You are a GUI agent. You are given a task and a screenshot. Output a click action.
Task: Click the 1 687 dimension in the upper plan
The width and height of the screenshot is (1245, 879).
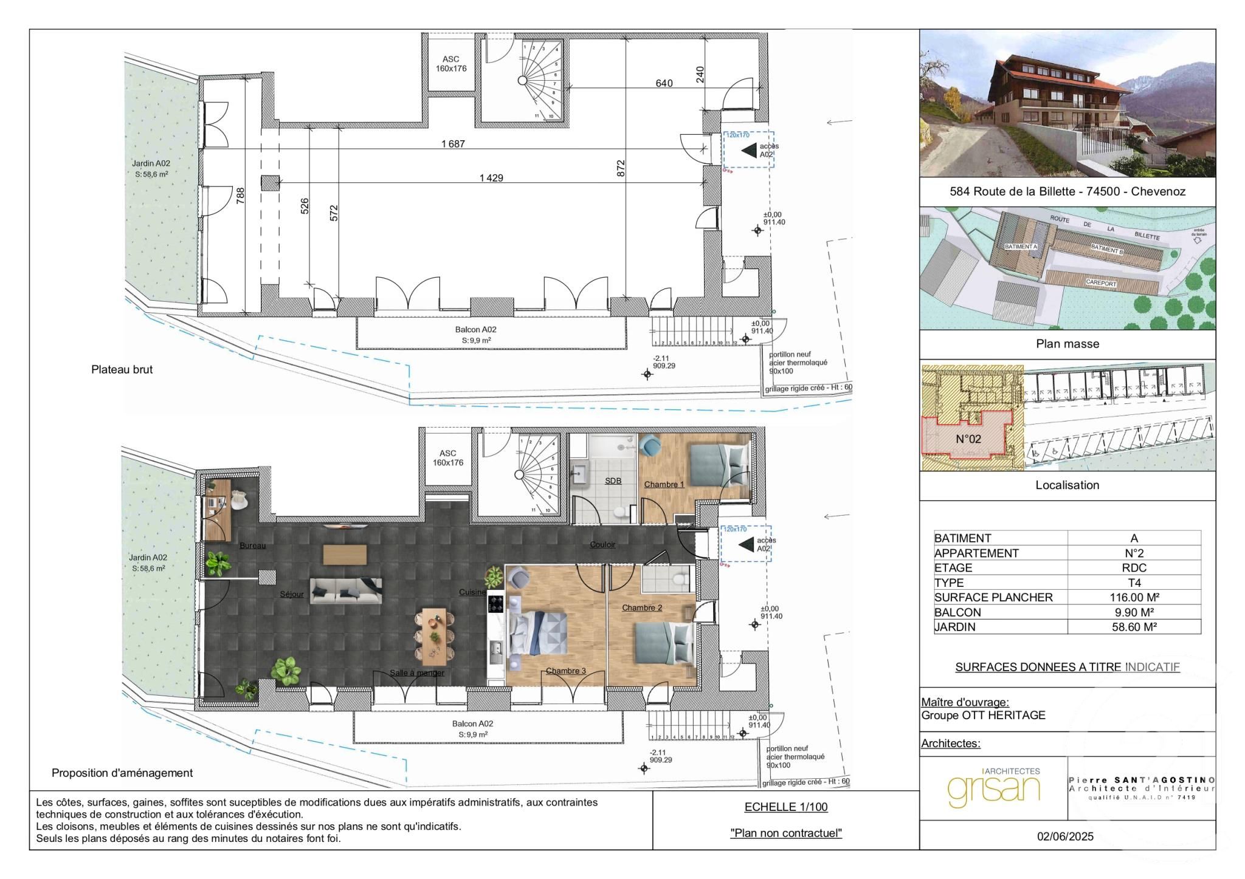pyautogui.click(x=453, y=144)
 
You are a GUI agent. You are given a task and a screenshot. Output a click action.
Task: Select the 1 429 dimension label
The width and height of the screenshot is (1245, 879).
pyautogui.click(x=491, y=178)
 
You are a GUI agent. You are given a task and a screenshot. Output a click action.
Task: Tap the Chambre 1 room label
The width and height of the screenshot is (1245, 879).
pyautogui.click(x=664, y=484)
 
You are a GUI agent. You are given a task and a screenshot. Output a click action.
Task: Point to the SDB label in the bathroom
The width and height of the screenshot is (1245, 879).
pyautogui.click(x=613, y=481)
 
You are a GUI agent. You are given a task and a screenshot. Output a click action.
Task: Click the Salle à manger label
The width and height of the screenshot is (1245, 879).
pyautogui.click(x=417, y=672)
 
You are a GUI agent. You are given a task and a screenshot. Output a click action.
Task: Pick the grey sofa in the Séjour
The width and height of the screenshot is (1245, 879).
pyautogui.click(x=346, y=590)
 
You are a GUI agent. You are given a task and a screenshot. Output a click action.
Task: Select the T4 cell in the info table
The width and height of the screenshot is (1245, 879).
pyautogui.click(x=1134, y=583)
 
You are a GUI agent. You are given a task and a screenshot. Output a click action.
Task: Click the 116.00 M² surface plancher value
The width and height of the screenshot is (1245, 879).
pyautogui.click(x=1134, y=597)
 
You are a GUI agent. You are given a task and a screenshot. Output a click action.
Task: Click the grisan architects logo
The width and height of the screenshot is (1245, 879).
pyautogui.click(x=993, y=787)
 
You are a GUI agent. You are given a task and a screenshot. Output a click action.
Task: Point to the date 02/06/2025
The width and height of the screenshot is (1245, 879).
pyautogui.click(x=1065, y=836)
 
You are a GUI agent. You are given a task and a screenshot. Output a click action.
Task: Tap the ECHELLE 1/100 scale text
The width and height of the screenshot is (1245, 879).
pyautogui.click(x=785, y=807)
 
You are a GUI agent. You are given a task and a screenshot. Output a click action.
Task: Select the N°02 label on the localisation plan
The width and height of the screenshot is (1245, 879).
pyautogui.click(x=968, y=439)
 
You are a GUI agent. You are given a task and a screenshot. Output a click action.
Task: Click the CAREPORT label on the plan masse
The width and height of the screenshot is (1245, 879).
pyautogui.click(x=1101, y=283)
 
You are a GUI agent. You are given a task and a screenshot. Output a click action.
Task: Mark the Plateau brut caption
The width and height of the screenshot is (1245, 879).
pyautogui.click(x=122, y=369)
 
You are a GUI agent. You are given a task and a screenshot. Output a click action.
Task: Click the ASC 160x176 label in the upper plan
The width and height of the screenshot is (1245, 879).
pyautogui.click(x=450, y=64)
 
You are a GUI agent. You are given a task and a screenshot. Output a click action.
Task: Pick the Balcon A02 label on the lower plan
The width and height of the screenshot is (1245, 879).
pyautogui.click(x=472, y=723)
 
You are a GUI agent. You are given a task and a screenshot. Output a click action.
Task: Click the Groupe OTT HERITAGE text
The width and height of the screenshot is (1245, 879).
pyautogui.click(x=983, y=715)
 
